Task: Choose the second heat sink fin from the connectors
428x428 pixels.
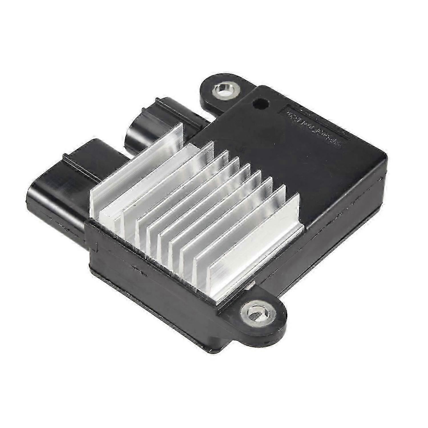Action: pos(160,183)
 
